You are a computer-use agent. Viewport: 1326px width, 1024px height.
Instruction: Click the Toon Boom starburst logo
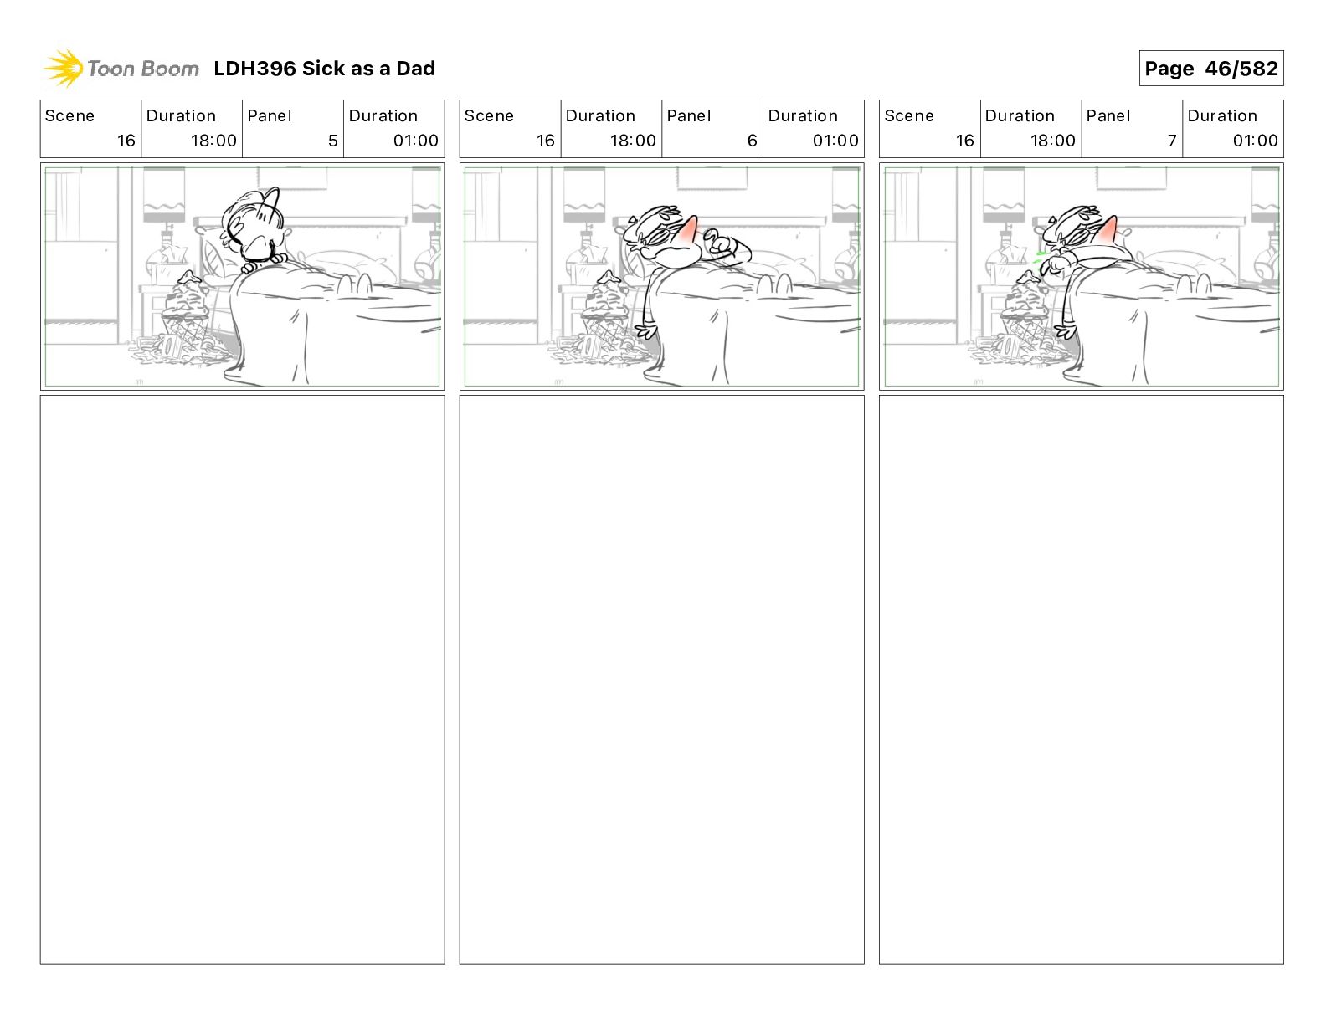[63, 68]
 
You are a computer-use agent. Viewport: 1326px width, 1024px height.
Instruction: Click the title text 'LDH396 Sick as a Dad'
[324, 69]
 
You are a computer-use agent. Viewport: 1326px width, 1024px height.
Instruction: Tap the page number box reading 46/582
[1210, 69]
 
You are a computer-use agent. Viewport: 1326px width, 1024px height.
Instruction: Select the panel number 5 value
[332, 141]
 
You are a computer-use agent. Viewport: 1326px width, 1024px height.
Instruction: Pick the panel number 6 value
[752, 141]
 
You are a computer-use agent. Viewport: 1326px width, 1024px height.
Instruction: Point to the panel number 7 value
[1172, 141]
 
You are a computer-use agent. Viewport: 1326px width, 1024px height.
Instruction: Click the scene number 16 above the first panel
[126, 141]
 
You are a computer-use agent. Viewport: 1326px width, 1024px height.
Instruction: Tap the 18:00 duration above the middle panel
[633, 141]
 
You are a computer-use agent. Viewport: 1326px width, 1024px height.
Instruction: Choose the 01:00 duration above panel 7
[1255, 141]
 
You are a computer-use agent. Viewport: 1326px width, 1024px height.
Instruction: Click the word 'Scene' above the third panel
[908, 116]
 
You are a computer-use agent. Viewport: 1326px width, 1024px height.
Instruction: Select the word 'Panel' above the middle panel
[688, 116]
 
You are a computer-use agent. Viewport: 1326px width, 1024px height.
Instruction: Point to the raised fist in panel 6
[721, 242]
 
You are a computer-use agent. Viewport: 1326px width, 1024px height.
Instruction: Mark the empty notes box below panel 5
[242, 679]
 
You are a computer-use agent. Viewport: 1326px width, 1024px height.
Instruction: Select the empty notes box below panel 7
[1082, 679]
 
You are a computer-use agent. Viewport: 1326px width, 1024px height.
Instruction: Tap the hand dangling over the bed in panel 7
[1066, 331]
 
